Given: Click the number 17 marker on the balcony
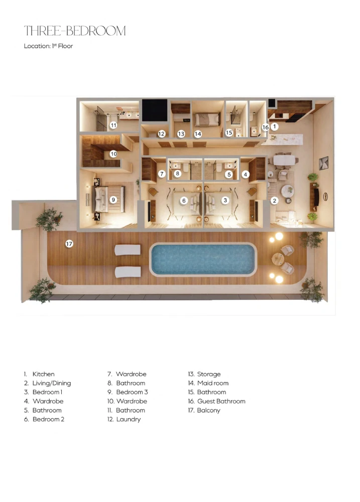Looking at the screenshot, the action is pyautogui.click(x=69, y=244).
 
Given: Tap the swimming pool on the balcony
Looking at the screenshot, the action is pyautogui.click(x=203, y=260).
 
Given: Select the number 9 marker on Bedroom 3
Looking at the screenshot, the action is pyautogui.click(x=113, y=200).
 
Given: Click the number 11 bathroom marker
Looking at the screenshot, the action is pyautogui.click(x=113, y=125).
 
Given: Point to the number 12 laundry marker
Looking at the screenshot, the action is pyautogui.click(x=162, y=134).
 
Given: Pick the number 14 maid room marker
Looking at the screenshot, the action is pyautogui.click(x=198, y=134).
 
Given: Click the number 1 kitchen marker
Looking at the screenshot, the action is pyautogui.click(x=274, y=127).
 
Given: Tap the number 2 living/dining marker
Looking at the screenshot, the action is pyautogui.click(x=275, y=201).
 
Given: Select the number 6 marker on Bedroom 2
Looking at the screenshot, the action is pyautogui.click(x=184, y=201).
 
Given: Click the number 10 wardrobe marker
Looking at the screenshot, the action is pyautogui.click(x=113, y=154).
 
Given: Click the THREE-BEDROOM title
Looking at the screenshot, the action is pyautogui.click(x=75, y=31).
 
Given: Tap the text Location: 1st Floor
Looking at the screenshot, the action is pyautogui.click(x=48, y=46).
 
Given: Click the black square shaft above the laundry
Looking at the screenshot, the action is pyautogui.click(x=155, y=110).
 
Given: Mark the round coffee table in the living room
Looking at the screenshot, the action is pyautogui.click(x=287, y=191).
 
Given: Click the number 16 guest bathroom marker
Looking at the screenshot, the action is pyautogui.click(x=266, y=127).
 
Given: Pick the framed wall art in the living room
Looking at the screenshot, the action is pyautogui.click(x=323, y=163).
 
